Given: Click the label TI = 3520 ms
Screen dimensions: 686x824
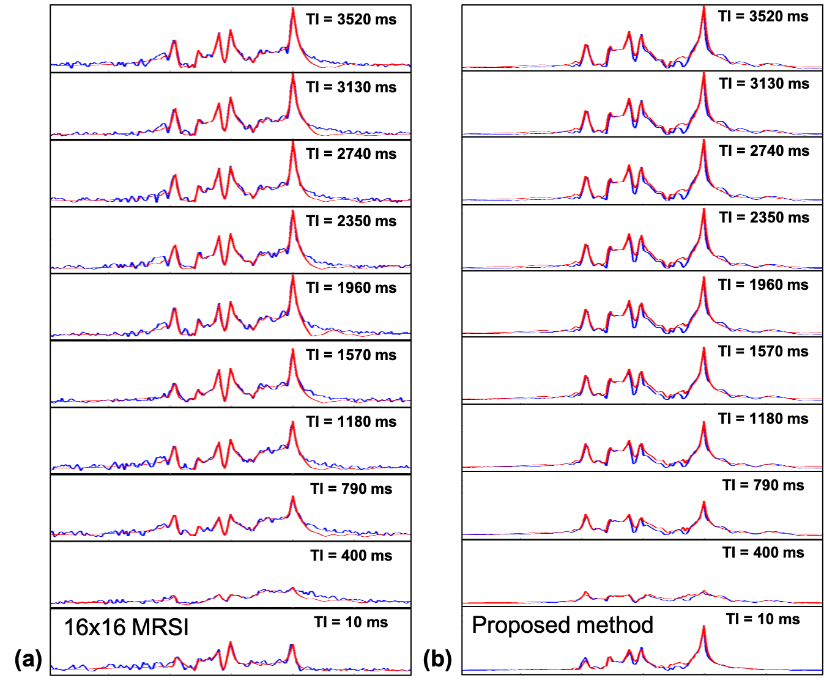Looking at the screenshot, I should coord(763,17).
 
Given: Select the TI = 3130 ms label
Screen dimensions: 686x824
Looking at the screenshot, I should coord(763,84).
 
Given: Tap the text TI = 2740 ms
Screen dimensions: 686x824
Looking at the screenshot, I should coord(763,151).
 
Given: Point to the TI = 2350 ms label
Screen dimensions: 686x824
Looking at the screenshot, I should coord(763,218).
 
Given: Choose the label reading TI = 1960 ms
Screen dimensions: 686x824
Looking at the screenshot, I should coord(763,285).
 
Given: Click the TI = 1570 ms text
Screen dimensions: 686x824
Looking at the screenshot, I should coord(763,352).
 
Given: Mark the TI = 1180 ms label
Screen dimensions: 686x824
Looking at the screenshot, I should coord(763,419).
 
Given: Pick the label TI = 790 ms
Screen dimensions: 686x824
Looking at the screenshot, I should coord(763,485).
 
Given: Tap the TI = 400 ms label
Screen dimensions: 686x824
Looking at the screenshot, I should coord(763,553).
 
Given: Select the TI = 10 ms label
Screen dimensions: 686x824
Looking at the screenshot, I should coord(763,619).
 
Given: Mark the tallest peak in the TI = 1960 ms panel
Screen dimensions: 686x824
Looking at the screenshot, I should coord(703,281).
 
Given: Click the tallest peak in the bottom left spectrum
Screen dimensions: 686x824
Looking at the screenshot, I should coord(292,645).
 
